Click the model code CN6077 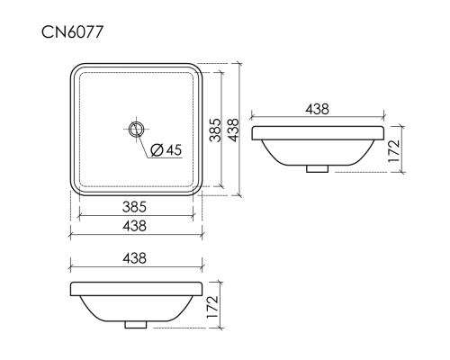click(x=72, y=32)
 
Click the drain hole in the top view click(x=136, y=130)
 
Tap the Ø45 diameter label click(x=166, y=149)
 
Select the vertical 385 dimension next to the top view click(x=215, y=130)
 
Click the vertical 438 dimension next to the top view click(x=233, y=130)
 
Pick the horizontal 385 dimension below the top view click(x=134, y=207)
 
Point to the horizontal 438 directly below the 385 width click(x=134, y=226)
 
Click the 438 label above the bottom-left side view click(x=134, y=258)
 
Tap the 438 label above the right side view click(x=318, y=109)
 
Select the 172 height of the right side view click(x=394, y=150)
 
